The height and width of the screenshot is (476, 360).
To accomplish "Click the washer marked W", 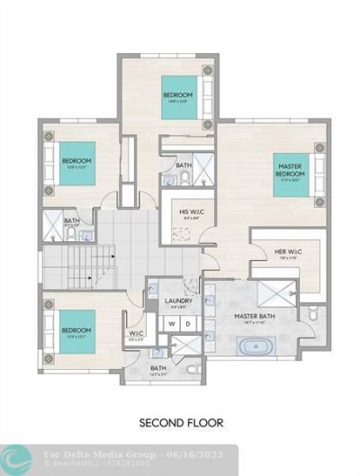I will coord(169,323).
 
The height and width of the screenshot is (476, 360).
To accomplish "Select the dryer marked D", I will coord(186,323).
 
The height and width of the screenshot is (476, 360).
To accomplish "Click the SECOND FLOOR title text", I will coord(181,421).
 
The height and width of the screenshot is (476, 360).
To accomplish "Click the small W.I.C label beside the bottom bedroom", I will coord(136,334).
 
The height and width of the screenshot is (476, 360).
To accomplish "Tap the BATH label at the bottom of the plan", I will coord(158,367).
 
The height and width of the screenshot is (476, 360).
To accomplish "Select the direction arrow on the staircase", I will coord(109,258).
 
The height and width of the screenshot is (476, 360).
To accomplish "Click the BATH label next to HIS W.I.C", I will coord(184,166).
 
